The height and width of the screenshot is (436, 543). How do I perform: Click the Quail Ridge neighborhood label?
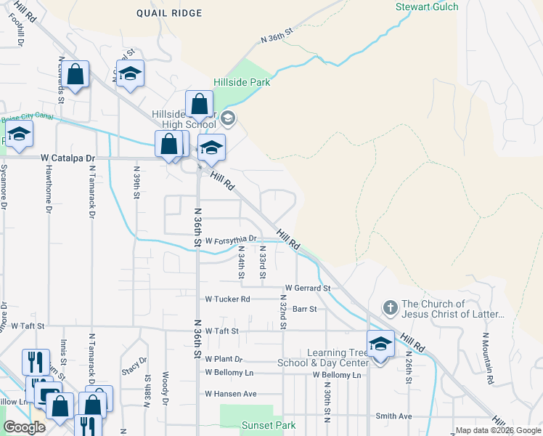coord(168,12)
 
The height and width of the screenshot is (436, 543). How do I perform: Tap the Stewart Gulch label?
coord(426,7)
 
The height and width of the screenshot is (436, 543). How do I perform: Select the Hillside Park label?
coord(242,82)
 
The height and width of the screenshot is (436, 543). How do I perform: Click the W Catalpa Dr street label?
coord(68,157)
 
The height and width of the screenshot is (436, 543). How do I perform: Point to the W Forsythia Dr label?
coord(232,239)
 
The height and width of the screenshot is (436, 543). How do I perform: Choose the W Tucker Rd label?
coord(227,299)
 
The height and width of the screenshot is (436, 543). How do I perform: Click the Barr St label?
coord(304,309)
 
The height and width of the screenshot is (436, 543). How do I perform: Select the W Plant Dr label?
coord(223,359)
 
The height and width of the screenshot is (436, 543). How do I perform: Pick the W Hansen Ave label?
coord(231,394)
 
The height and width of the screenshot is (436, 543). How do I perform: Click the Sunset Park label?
coord(248,425)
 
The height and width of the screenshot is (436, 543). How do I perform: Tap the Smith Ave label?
coord(393,416)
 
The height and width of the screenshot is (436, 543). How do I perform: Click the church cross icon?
coord(390,308)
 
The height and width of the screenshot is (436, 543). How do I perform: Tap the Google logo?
coord(25,427)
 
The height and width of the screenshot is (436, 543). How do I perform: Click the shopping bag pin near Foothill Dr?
coord(75,75)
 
